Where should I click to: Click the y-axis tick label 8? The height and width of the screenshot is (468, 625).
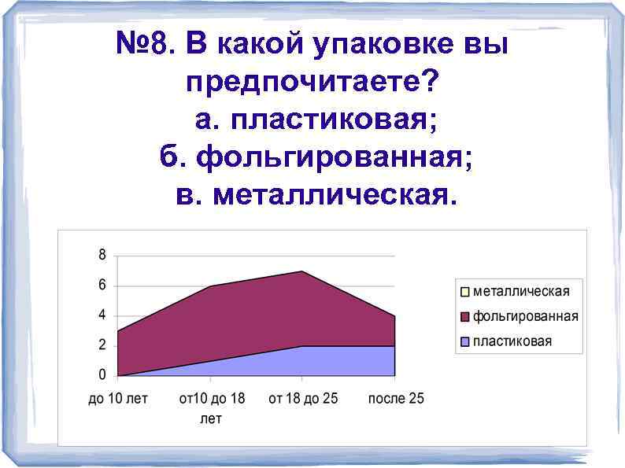(x=102, y=255)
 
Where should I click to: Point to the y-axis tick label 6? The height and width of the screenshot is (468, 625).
(x=102, y=286)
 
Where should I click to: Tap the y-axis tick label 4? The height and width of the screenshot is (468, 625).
(x=102, y=315)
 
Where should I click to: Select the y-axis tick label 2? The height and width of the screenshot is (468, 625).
(x=102, y=345)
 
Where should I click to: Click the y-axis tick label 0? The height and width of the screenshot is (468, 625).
(x=102, y=375)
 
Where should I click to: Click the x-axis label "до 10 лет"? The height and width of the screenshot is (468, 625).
(x=117, y=399)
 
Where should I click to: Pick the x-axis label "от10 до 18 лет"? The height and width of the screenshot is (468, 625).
(x=211, y=408)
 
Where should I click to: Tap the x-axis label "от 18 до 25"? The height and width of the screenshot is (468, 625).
(x=303, y=399)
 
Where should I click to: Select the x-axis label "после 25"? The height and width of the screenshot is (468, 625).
(x=396, y=399)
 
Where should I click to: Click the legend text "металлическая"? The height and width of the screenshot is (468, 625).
(x=520, y=292)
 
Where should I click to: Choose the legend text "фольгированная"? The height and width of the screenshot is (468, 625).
(x=525, y=317)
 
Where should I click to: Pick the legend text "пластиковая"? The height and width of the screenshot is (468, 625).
(x=512, y=341)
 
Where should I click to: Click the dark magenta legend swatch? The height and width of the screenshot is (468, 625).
(x=465, y=317)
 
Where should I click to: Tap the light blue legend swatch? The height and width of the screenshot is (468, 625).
(x=465, y=341)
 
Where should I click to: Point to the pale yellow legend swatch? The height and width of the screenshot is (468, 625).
(x=465, y=292)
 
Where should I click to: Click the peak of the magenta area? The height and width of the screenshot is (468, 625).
(x=302, y=272)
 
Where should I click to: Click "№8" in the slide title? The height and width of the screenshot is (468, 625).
(x=146, y=46)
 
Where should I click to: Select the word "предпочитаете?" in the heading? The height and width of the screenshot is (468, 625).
(x=313, y=83)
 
